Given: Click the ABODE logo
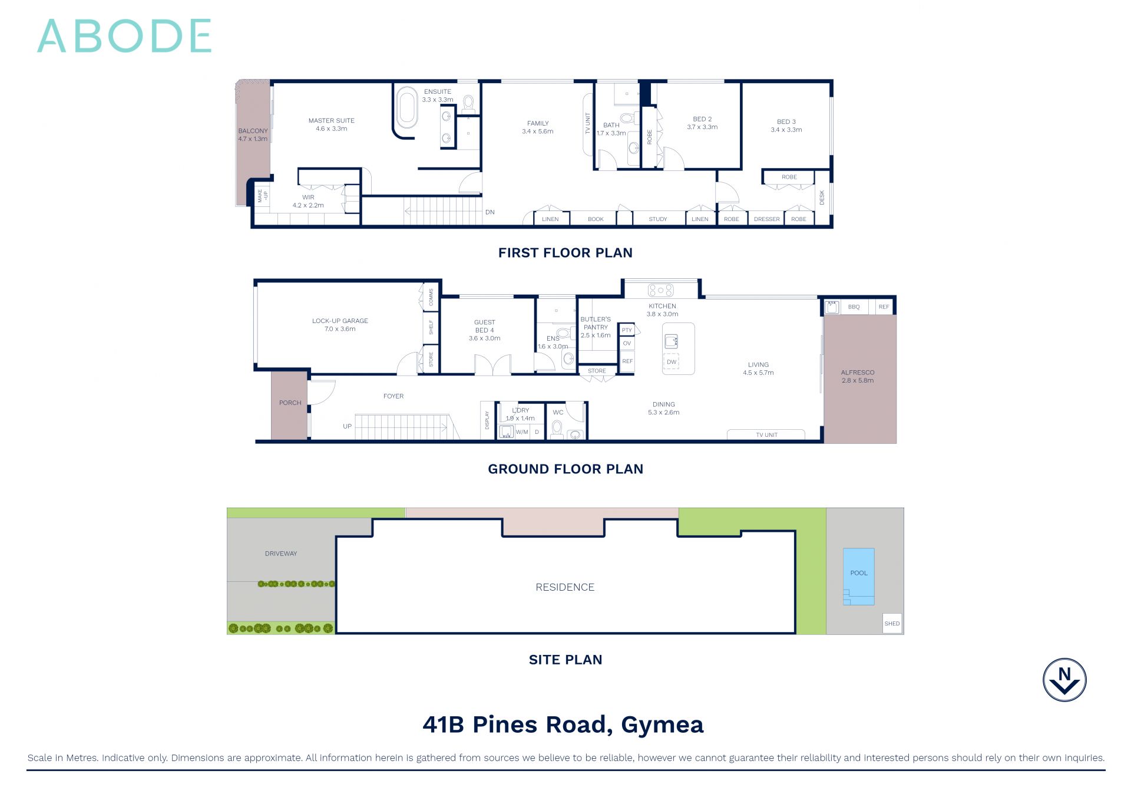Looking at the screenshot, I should (x=124, y=36).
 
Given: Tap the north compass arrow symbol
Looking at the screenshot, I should (x=1064, y=680).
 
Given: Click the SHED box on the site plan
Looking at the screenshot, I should (x=892, y=623).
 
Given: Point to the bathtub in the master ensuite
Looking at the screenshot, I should (x=406, y=108).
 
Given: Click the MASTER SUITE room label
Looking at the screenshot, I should (x=331, y=124).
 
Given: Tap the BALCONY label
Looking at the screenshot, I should (x=253, y=135).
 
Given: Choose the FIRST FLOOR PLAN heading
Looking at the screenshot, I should (x=565, y=253).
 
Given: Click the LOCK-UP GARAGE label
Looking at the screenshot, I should (x=340, y=325).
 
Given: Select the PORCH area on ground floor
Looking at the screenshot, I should (x=290, y=403).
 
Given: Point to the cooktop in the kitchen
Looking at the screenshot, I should (x=660, y=290).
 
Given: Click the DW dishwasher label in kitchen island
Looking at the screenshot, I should (x=672, y=362).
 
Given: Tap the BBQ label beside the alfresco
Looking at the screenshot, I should (x=854, y=307).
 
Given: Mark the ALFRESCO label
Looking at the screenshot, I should (x=858, y=376).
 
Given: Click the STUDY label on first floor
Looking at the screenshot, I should (x=657, y=219).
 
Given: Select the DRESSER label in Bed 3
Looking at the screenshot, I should (x=766, y=219).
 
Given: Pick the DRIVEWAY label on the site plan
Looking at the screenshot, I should (x=281, y=554).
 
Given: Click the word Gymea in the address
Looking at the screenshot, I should (x=662, y=725).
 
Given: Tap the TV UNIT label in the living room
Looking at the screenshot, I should (x=766, y=435).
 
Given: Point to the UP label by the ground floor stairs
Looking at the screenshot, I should (x=347, y=426).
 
